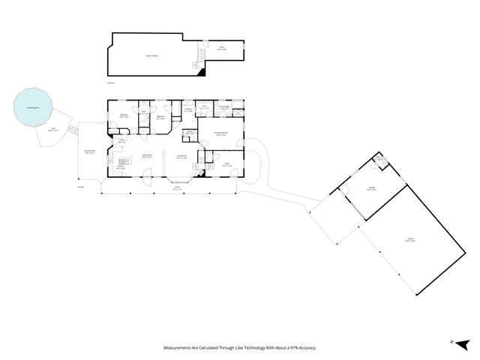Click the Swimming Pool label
31,108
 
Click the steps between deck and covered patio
73,131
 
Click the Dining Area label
148,156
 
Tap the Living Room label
181,156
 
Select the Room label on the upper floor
222,48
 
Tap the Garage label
371,189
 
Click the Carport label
409,240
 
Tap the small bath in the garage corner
379,160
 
